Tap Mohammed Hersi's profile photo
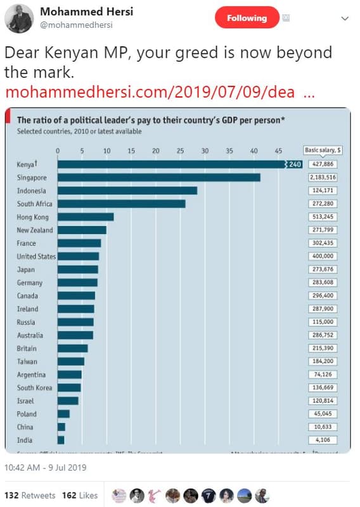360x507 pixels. [x=19, y=18]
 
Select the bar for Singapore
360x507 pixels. [x=158, y=177]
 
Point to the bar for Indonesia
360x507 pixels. [x=127, y=191]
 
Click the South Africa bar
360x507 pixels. [x=121, y=204]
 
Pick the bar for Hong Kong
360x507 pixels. [x=86, y=217]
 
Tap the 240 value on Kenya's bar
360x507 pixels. [x=295, y=165]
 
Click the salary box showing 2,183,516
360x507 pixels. [x=320, y=177]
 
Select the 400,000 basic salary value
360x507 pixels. [x=320, y=257]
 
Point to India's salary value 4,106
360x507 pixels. [x=320, y=440]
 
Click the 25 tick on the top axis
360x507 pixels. [x=180, y=151]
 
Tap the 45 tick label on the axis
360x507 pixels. [x=278, y=151]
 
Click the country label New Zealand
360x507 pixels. [x=35, y=230]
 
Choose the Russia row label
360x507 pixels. [x=27, y=322]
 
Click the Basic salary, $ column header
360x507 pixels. [x=323, y=150]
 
